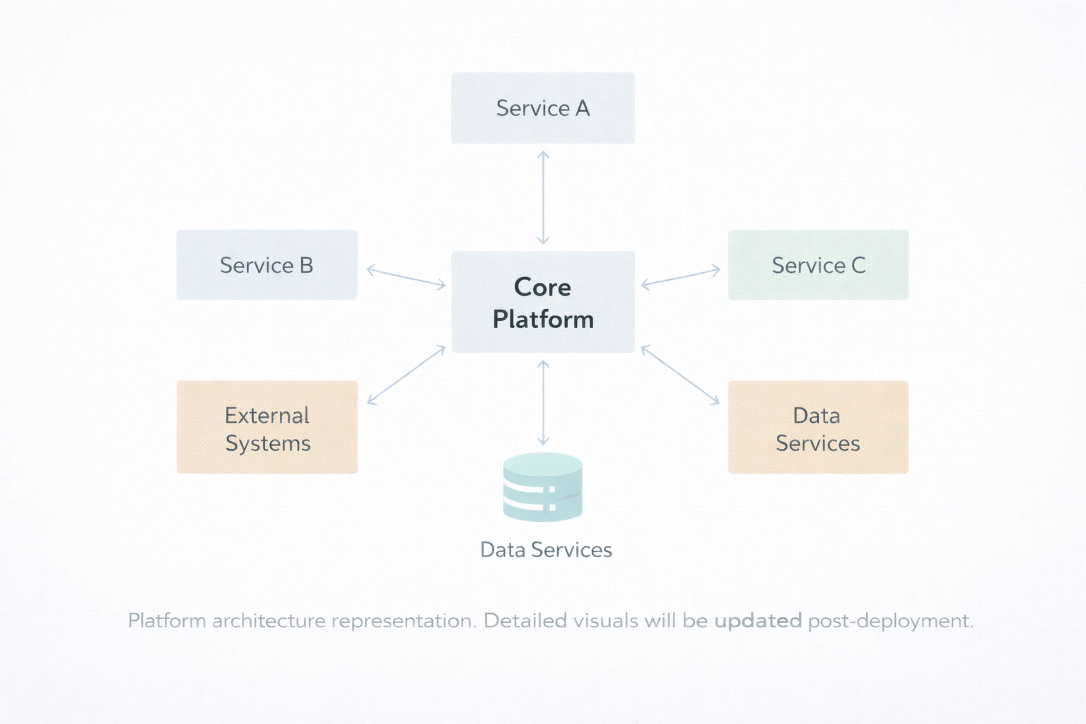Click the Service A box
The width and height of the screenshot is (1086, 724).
coord(543,108)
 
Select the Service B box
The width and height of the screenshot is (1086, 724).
coord(267,264)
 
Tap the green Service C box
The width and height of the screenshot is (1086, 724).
coord(818,264)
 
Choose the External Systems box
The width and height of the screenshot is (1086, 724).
coord(267,427)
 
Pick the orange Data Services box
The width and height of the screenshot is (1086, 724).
coord(818,427)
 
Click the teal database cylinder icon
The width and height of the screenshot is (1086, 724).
coord(543,487)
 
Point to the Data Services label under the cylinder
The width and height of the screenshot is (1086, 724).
coord(546,550)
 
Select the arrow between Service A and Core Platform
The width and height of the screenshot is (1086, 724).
coord(543,197)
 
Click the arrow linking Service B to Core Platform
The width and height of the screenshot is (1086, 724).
coord(406,277)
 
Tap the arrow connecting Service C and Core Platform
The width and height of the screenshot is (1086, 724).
coord(680,277)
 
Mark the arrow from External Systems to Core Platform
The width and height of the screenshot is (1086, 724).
coord(406,375)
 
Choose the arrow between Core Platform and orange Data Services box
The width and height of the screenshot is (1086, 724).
coord(680,375)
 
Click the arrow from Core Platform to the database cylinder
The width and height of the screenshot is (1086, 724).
coord(543,402)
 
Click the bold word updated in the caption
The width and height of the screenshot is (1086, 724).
coord(758,621)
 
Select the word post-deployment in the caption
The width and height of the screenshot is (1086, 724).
coord(890,621)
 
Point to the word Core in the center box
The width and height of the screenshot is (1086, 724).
coord(542,287)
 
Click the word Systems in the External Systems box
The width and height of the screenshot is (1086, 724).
coord(268,444)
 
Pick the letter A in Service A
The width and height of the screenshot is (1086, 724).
coord(583,108)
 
